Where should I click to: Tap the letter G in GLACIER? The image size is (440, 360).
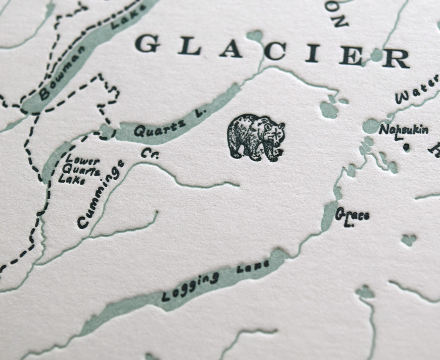147,44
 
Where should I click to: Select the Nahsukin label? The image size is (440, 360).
403,130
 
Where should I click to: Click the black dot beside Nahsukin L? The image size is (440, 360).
406,147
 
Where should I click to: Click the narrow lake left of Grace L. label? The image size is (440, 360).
329,216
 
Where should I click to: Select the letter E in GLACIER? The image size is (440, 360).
352,56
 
